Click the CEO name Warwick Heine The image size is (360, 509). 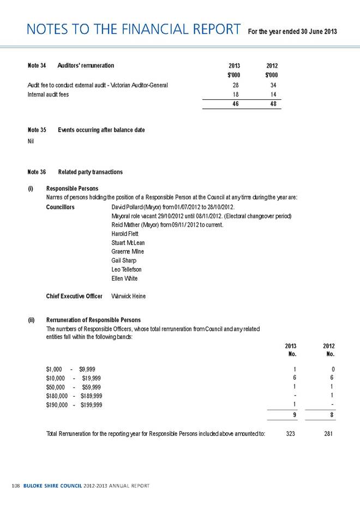[129, 296]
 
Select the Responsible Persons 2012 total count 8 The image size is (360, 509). [332, 414]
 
